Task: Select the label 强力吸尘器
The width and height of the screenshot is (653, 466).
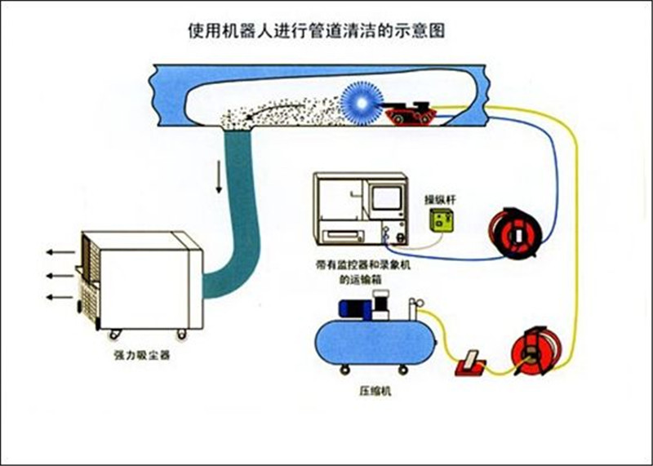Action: coord(142,357)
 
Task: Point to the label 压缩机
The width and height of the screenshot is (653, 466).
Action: coord(375,391)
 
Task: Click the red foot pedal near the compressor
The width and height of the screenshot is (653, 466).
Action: coord(469,362)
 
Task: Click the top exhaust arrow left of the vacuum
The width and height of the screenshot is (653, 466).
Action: coord(56,252)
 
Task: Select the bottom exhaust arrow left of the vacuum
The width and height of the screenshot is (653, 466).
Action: coord(56,296)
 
